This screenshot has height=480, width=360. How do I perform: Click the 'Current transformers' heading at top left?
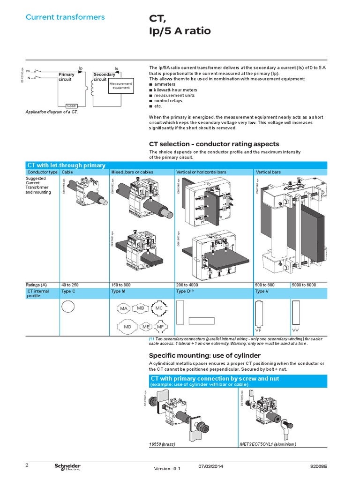pos(65,17)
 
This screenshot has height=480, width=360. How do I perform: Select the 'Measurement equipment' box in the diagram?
pos(121,85)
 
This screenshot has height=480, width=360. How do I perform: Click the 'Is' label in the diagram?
pos(116,68)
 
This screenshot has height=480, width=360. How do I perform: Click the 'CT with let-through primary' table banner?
pos(66,165)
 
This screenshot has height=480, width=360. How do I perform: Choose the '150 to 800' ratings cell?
pos(121,285)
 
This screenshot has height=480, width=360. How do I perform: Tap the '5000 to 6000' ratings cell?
pos(304,285)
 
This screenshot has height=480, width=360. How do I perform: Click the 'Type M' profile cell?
pos(118,291)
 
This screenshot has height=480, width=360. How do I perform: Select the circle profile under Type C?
pos(68,307)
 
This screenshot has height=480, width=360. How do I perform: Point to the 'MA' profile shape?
pos(124,309)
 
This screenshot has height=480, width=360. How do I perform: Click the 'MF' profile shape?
pos(160,326)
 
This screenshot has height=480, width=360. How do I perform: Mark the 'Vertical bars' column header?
pos(268,172)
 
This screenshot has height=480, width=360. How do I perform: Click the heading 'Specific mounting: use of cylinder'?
pos(204,355)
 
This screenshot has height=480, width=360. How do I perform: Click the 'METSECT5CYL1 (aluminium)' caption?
pos(268,443)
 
